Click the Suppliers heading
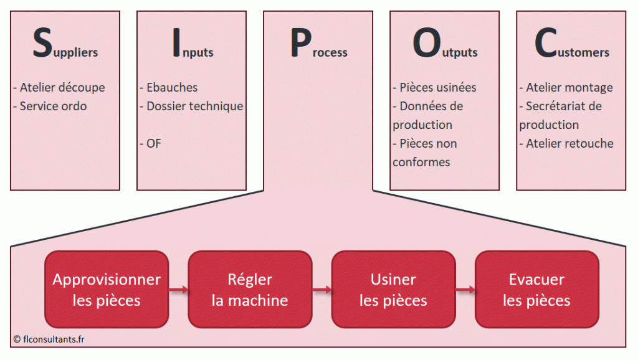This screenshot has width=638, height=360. click(65, 45)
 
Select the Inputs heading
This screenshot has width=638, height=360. click(192, 45)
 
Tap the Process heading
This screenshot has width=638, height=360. click(318, 45)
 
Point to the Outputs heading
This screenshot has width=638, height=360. click(445, 45)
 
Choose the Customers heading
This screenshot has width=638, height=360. click(571, 45)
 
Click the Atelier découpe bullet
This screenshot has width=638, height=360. click(59, 88)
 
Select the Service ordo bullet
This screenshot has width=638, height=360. click(50, 107)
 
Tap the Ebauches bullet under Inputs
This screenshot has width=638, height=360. click(168, 88)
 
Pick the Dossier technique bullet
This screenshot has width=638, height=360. click(191, 107)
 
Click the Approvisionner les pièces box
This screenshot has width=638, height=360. click(107, 290)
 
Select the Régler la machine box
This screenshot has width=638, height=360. click(250, 290)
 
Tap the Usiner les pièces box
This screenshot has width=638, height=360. click(393, 290)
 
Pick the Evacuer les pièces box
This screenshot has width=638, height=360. click(536, 290)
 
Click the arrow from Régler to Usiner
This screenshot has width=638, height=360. click(321, 289)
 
